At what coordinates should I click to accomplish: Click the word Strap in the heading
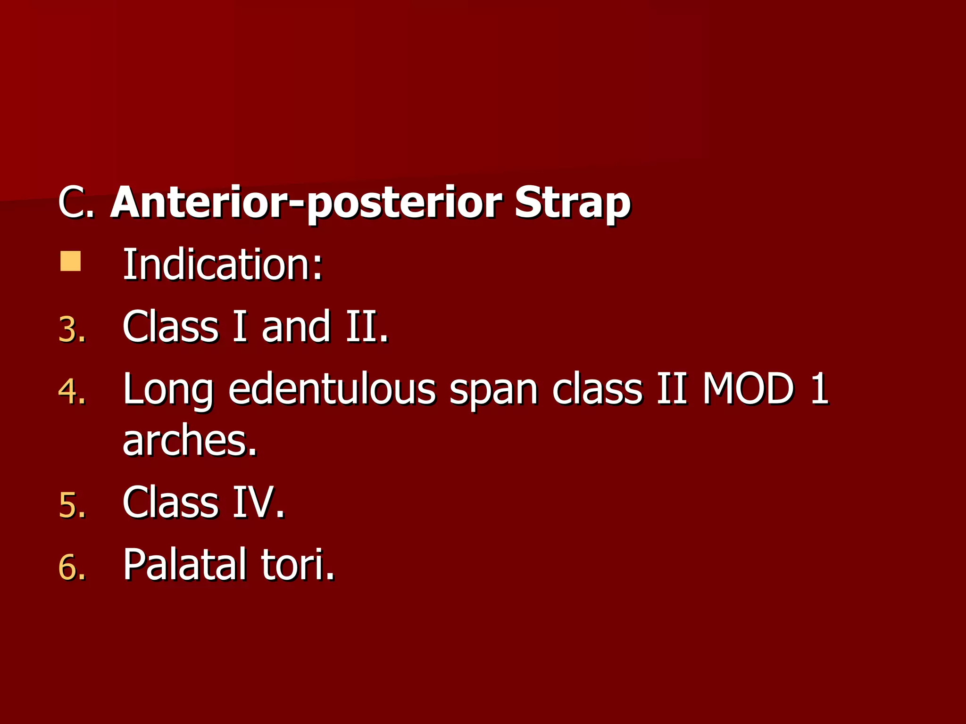[x=572, y=204]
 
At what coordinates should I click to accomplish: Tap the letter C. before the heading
[x=76, y=204]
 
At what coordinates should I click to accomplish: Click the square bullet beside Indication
[x=71, y=262]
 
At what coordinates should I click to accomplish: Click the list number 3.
[x=72, y=329]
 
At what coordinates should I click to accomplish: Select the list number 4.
[x=72, y=392]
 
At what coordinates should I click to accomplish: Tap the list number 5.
[x=72, y=505]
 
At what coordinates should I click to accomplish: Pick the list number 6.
[x=72, y=567]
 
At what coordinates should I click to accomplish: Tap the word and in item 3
[x=296, y=327]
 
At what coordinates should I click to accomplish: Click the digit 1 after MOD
[x=819, y=389]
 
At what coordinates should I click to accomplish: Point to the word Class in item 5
[x=170, y=502]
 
